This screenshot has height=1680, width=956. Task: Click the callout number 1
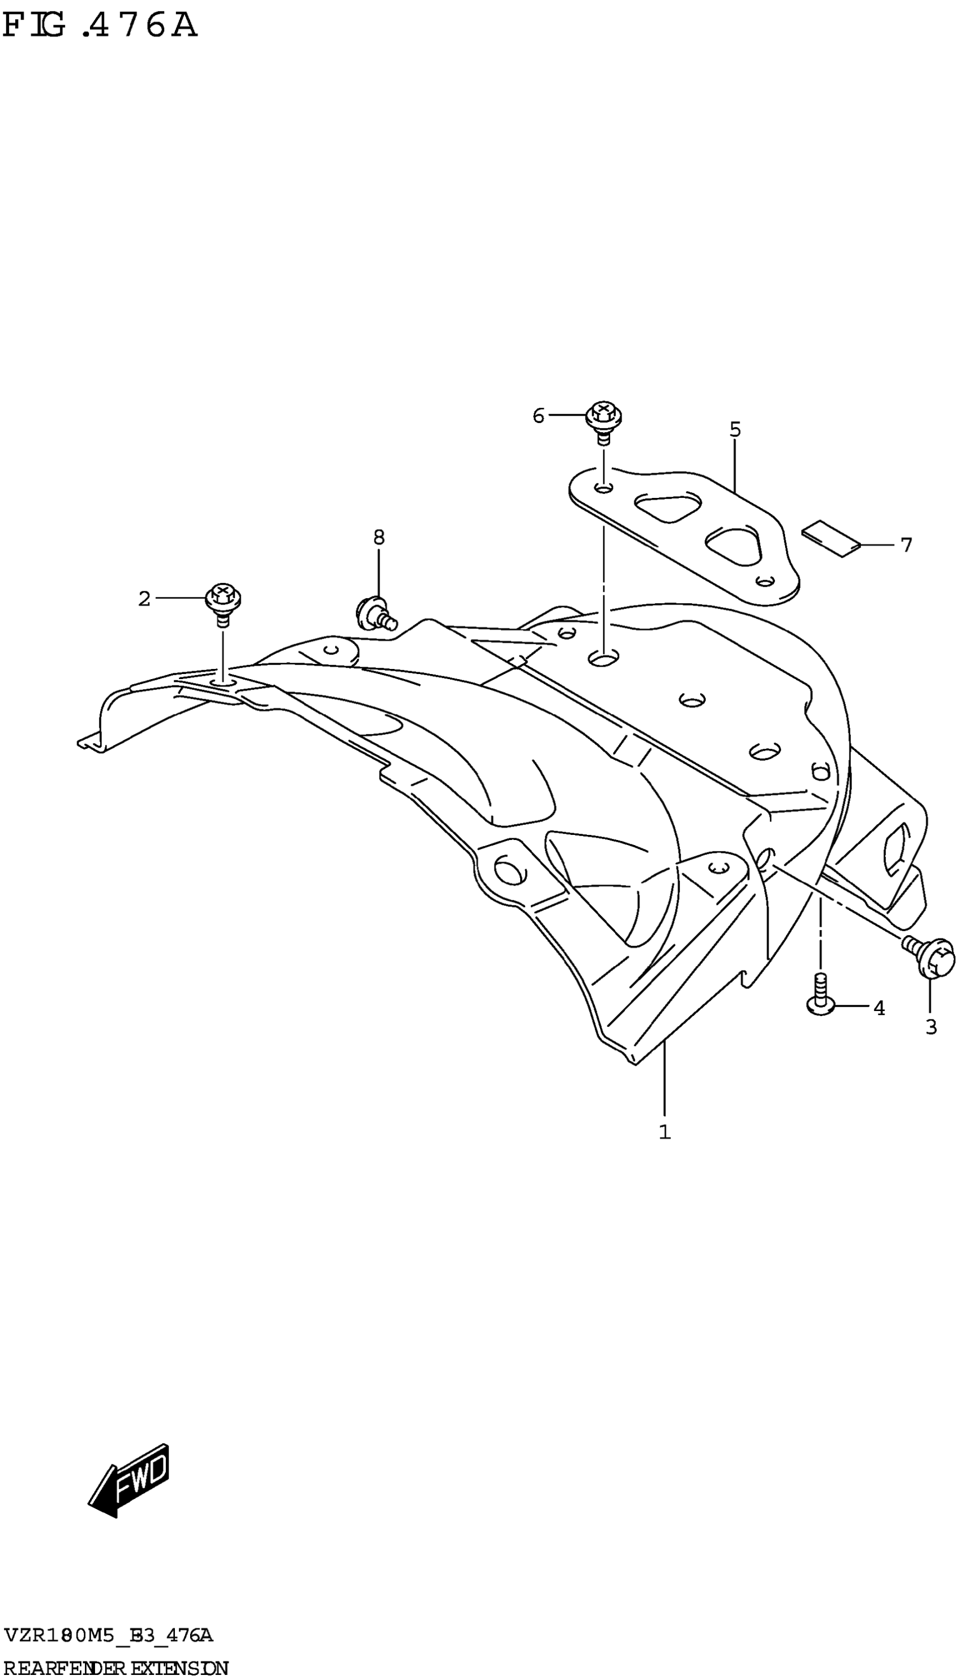click(665, 1131)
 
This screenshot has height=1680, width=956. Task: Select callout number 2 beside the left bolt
click(144, 598)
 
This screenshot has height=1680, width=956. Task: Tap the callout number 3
click(930, 1027)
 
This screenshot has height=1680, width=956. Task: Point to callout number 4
click(879, 1008)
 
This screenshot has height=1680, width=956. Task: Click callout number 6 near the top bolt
click(538, 416)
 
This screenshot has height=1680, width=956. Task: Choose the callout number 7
click(906, 545)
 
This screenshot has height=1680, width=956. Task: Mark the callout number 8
click(379, 537)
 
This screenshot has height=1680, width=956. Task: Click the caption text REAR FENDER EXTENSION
click(115, 1663)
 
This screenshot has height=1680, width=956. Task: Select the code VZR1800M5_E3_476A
click(109, 1630)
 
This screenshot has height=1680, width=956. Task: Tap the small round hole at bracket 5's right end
click(764, 581)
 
